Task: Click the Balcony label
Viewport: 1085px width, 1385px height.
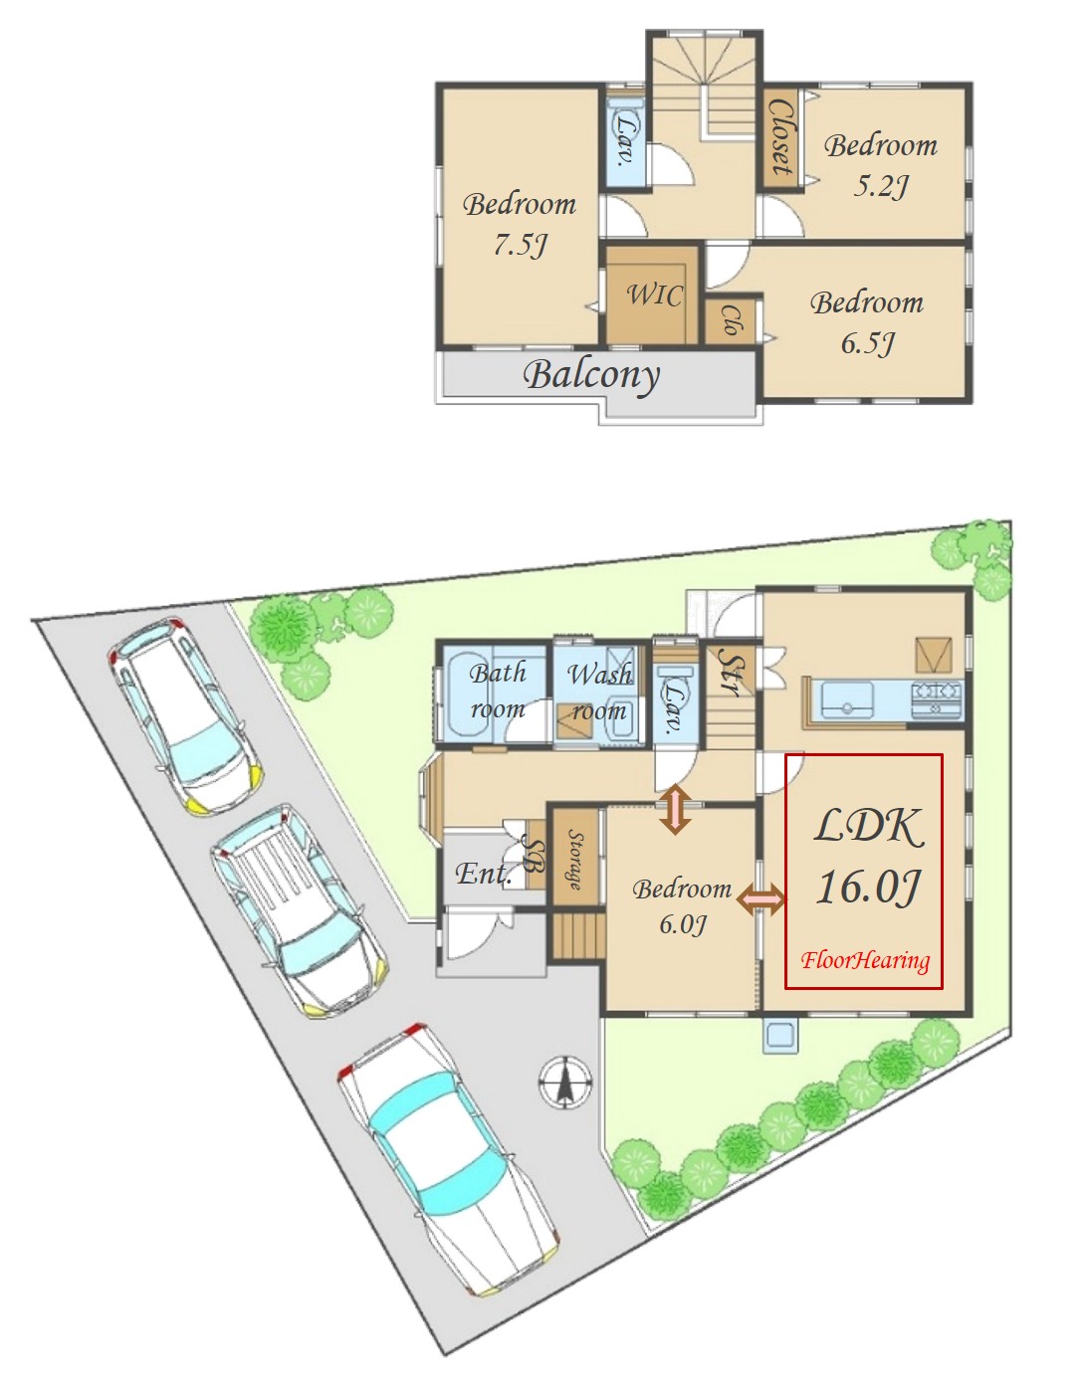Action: click(x=591, y=376)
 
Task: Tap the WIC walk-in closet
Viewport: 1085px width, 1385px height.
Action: click(x=652, y=295)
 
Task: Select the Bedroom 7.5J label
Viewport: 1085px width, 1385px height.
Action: click(x=520, y=224)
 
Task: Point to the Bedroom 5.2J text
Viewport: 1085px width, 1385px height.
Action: click(x=881, y=165)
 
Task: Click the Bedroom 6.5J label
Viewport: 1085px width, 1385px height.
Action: click(x=867, y=322)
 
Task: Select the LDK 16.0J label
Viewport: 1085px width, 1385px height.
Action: click(x=868, y=856)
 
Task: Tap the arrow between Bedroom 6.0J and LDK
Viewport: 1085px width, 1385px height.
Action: click(x=761, y=899)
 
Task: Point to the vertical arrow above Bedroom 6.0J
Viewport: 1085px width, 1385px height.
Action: click(x=675, y=810)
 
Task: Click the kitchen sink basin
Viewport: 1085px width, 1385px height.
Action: click(x=846, y=698)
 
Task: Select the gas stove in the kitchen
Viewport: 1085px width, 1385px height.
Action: click(x=937, y=697)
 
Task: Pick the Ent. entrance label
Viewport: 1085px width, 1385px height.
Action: click(x=484, y=873)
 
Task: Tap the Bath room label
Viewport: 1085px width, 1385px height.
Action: click(x=498, y=691)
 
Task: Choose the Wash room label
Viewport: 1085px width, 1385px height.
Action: click(x=599, y=692)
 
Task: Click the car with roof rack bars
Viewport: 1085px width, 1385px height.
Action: click(x=300, y=911)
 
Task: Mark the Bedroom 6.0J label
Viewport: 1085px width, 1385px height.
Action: click(x=682, y=905)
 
